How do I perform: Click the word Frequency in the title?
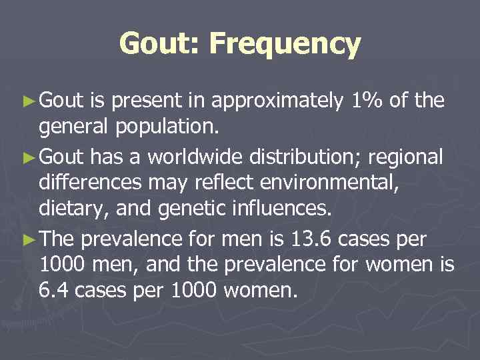click(x=285, y=45)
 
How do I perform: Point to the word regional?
click(x=408, y=158)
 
